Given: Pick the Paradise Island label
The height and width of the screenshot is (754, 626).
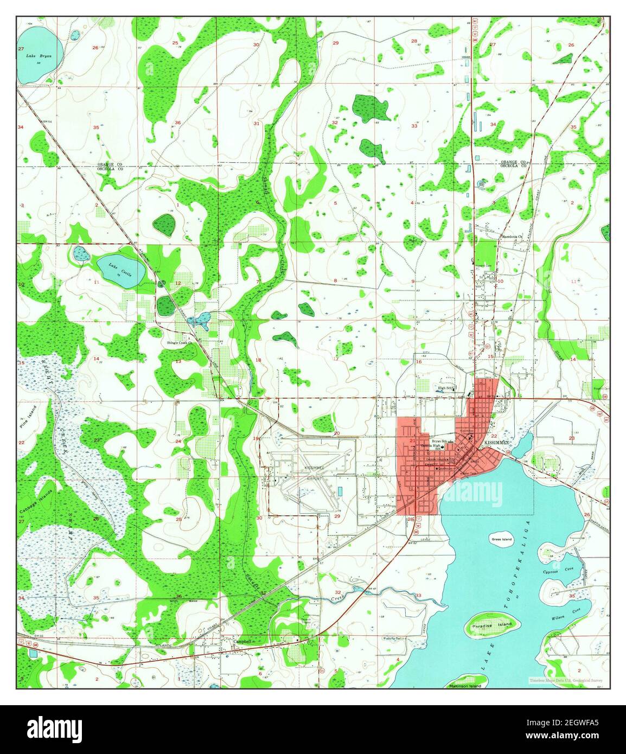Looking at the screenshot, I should (x=492, y=624).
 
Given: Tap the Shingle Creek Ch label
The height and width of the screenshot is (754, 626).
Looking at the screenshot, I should (x=180, y=342).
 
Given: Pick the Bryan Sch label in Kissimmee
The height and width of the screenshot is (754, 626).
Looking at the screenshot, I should (x=432, y=441).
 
